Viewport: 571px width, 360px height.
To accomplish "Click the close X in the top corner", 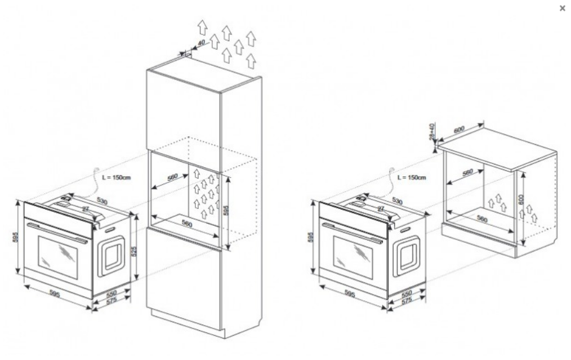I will point(561,8).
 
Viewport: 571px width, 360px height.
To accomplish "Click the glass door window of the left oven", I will point(58,256).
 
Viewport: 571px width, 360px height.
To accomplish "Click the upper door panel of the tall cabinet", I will point(182,113).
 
